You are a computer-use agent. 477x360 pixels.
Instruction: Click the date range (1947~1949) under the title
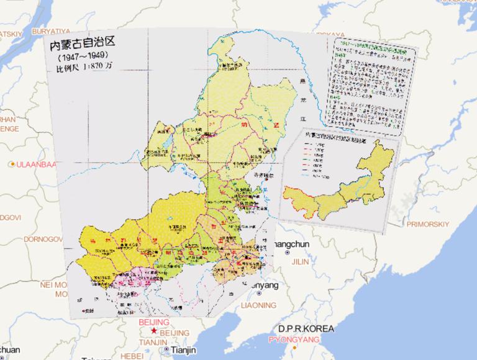pyautogui.click(x=80, y=57)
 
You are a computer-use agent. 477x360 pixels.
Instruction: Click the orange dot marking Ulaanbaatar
pyautogui.click(x=12, y=164)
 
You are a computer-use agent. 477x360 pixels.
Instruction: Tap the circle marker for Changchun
pyautogui.click(x=287, y=253)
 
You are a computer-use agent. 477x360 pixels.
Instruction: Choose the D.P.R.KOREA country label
pyautogui.click(x=306, y=328)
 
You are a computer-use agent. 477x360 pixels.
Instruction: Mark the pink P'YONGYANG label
pyautogui.click(x=294, y=340)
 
